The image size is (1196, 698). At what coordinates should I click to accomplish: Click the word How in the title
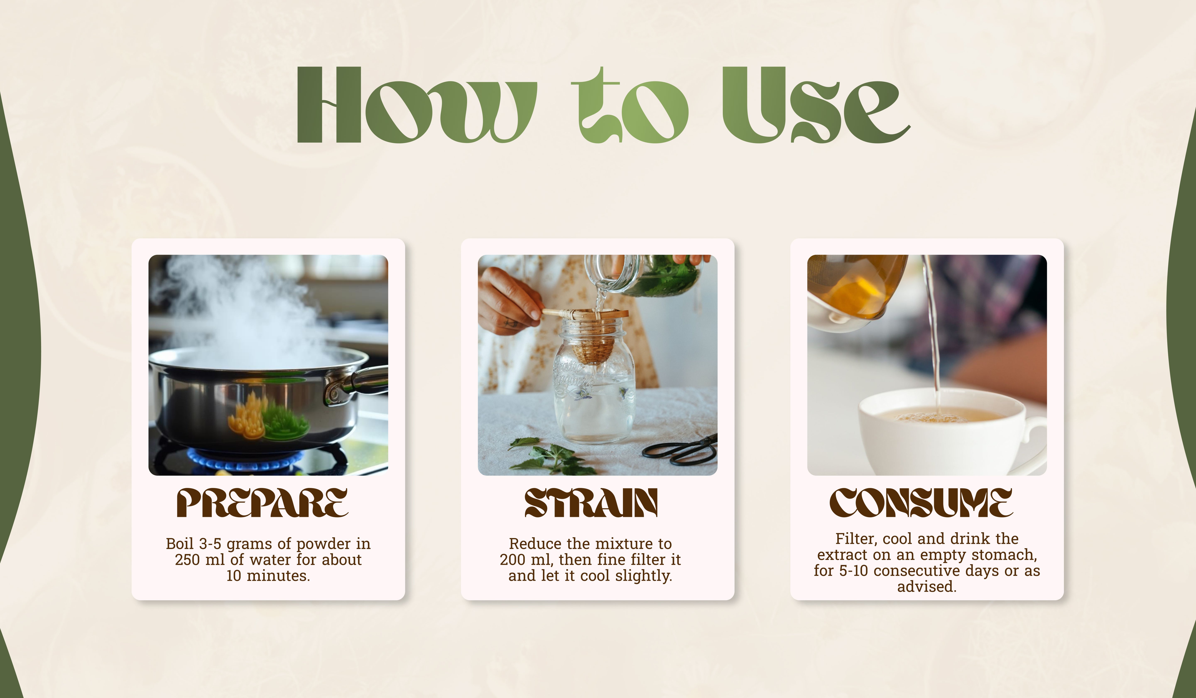pos(417,104)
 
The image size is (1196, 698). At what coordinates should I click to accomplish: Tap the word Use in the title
pos(815,104)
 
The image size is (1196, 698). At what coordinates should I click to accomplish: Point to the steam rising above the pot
pos(242,309)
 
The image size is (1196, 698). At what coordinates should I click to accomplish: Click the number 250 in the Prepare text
pos(187,560)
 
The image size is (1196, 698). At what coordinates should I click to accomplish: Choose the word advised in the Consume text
pos(926,587)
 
